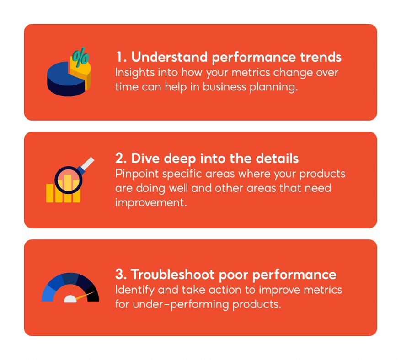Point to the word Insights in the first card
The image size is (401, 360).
point(132,73)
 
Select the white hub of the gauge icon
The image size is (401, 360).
point(70,299)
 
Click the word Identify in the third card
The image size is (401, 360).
point(132,290)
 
